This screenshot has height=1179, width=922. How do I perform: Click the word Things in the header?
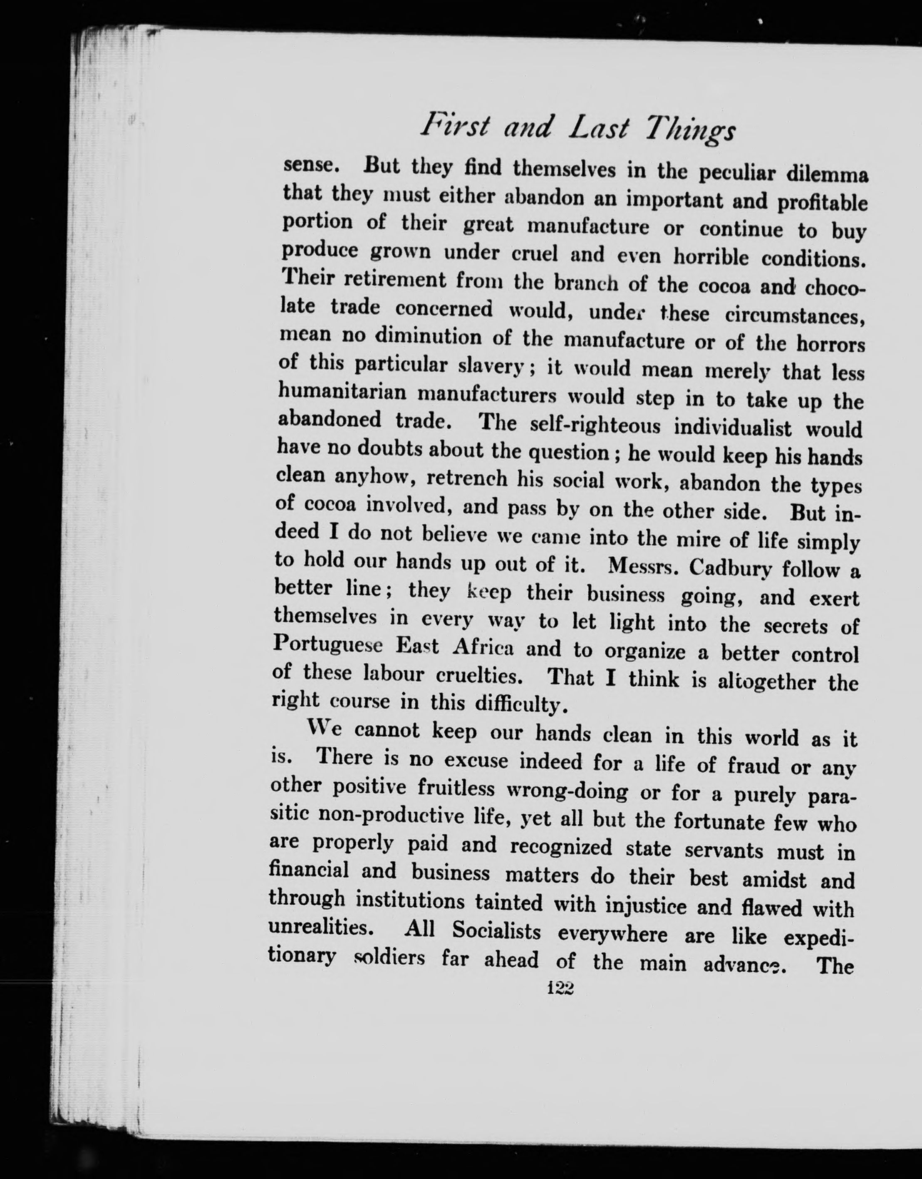pyautogui.click(x=691, y=131)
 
